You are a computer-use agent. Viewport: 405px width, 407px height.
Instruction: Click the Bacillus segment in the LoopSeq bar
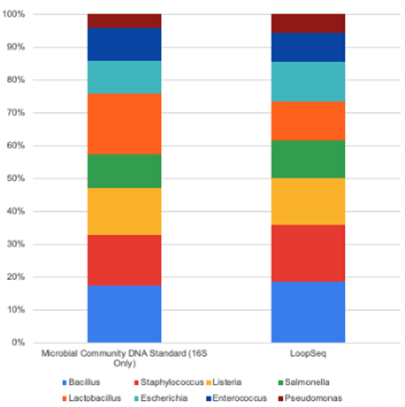tap(308, 312)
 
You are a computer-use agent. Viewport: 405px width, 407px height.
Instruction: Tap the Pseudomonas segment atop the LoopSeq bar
tap(308, 23)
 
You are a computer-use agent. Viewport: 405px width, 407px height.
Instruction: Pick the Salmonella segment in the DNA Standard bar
tap(124, 171)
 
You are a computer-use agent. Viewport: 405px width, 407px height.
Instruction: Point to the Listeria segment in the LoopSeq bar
tap(308, 201)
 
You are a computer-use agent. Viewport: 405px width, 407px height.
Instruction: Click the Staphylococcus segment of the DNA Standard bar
tap(124, 260)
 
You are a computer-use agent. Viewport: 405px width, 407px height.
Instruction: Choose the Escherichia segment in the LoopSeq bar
tap(308, 82)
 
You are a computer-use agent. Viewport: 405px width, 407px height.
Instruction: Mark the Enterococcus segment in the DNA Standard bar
tap(124, 44)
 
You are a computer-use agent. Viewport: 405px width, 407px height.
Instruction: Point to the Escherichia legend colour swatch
tap(134, 398)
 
